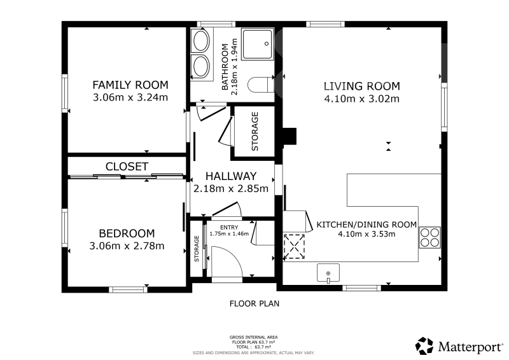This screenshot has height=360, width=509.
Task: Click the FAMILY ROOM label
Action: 130,85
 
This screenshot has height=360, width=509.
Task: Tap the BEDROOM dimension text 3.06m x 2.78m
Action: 127,246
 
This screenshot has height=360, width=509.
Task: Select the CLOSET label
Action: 127,167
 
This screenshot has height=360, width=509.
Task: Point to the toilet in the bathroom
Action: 261,85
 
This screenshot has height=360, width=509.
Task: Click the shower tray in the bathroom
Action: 258,44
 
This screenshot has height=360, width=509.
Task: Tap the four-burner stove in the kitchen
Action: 429,238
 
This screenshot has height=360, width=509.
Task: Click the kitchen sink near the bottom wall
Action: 328,273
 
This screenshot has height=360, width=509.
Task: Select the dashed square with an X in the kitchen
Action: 294,247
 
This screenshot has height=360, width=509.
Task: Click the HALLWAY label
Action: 231,176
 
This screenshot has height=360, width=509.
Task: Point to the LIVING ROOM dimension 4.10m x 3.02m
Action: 362,99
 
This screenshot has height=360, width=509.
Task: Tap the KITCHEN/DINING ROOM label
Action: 366,225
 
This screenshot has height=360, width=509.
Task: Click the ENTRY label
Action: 229,227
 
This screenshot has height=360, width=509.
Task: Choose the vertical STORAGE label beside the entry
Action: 197,249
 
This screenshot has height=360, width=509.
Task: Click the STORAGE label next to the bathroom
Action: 255,132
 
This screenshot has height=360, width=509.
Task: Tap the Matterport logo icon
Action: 424,346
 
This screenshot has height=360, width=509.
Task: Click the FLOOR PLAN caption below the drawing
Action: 254,304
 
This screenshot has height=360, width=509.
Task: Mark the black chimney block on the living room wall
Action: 289,136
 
